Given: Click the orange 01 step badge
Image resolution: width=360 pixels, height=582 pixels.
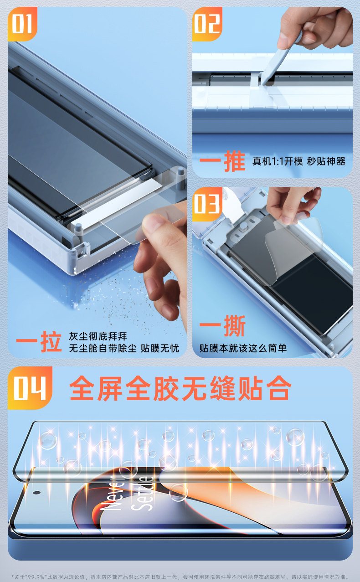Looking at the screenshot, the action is point(22,24).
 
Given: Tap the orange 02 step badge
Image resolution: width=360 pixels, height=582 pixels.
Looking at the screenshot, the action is point(207,24).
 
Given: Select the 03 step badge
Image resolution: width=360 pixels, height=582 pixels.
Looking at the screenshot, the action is point(207,204).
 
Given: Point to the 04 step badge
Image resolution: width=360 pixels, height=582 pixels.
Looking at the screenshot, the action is point(30,388).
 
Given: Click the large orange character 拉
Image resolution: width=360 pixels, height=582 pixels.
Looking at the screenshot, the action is point(51,342).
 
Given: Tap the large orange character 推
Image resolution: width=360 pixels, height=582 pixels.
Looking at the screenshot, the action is point(235,161).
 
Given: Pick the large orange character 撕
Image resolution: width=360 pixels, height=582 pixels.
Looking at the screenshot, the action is point(235,326).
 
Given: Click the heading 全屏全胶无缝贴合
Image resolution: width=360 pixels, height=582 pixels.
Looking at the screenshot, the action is point(180,388).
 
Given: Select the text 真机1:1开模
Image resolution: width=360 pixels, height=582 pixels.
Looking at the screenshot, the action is point(278,161).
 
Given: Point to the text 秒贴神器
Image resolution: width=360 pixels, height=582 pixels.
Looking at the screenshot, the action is point(326,161).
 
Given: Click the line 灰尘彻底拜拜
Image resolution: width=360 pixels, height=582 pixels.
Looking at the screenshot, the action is point(98,336).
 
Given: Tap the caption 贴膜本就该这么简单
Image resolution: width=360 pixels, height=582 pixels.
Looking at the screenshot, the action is point(243,348).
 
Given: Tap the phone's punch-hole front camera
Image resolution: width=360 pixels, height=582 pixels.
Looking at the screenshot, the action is point(37,493).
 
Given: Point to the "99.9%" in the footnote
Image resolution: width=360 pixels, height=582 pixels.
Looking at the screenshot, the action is point(36,577).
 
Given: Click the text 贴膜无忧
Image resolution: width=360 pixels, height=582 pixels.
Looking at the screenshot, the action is point(160,348).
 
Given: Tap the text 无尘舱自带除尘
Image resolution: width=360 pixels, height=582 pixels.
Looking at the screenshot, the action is point(103,348).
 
